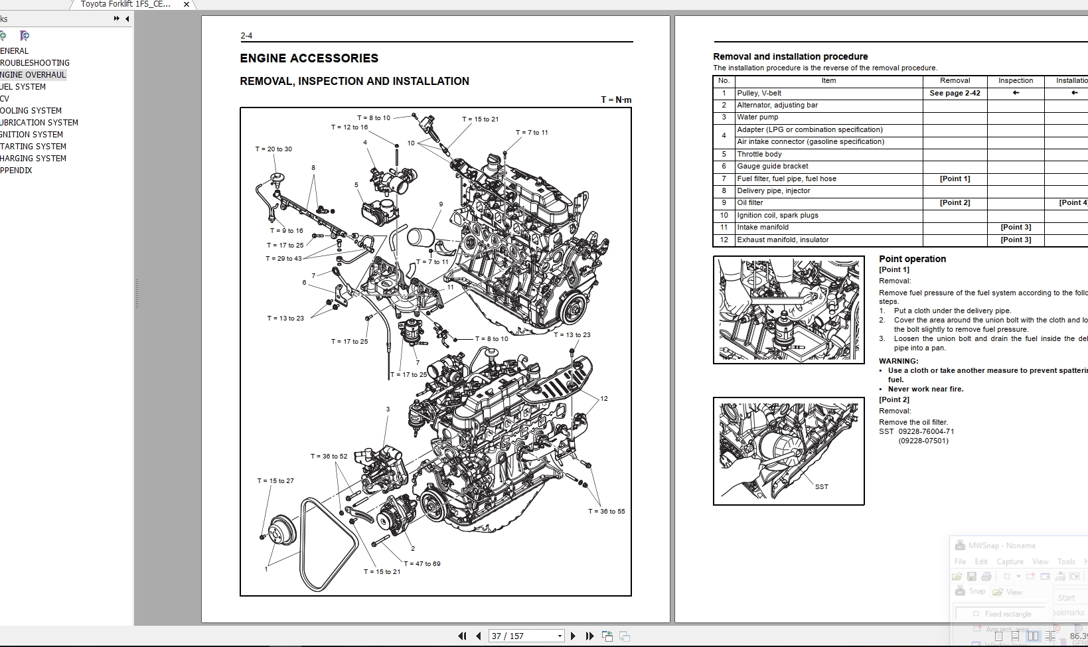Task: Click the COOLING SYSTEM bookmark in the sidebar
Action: [31, 111]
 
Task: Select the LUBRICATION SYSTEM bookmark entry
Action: [39, 123]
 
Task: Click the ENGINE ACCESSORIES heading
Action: [309, 58]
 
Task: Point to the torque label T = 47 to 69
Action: [422, 564]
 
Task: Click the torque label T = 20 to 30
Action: [273, 149]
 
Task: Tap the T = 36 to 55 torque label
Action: [606, 512]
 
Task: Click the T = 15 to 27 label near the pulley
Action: [275, 481]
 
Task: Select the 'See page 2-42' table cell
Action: [955, 94]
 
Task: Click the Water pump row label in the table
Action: [757, 117]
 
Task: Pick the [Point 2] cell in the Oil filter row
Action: [955, 203]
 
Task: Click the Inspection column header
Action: [1015, 81]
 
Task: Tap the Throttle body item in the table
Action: [759, 154]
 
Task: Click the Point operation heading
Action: [912, 259]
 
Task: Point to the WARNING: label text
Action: [898, 362]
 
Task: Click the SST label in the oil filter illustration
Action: [821, 487]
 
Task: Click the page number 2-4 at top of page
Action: [246, 36]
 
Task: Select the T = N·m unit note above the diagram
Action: [616, 100]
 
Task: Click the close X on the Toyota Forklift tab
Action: [187, 5]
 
